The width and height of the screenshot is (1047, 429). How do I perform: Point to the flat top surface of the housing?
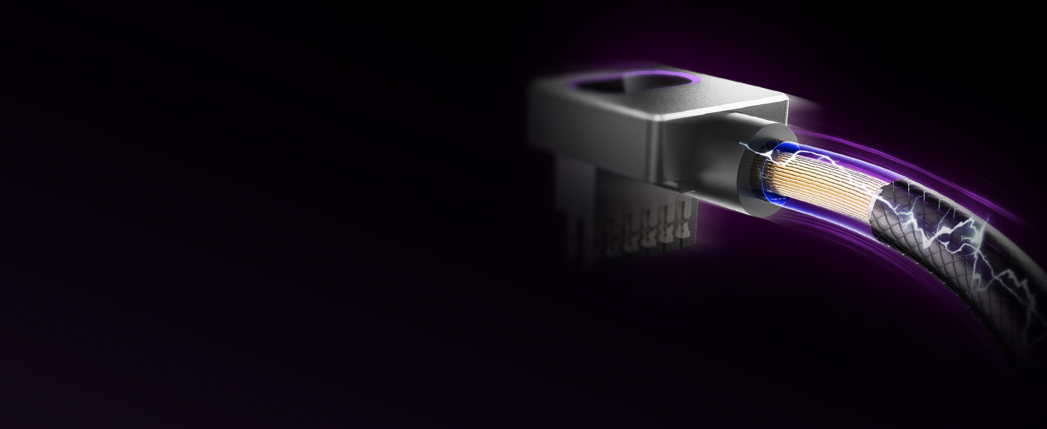[687, 100]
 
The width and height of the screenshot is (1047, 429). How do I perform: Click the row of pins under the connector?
[644, 225]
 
